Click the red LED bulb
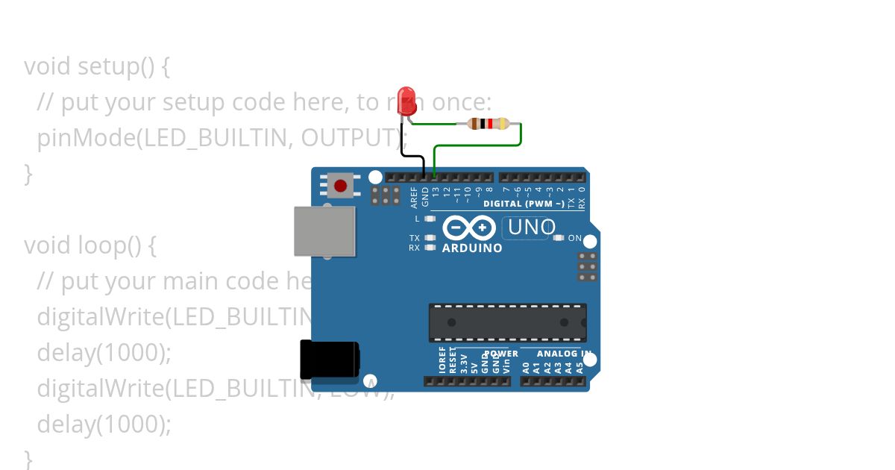[x=406, y=100]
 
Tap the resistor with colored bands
[x=488, y=124]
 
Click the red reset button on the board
[x=341, y=185]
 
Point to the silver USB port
[x=324, y=231]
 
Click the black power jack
[x=329, y=359]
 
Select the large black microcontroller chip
[x=507, y=322]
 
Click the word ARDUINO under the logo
[x=472, y=248]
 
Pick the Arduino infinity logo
[x=469, y=227]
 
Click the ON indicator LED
[x=559, y=238]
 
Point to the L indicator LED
[x=429, y=219]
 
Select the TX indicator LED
[x=429, y=238]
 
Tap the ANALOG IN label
[x=564, y=354]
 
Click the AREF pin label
[x=415, y=196]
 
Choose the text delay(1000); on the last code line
[x=104, y=424]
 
